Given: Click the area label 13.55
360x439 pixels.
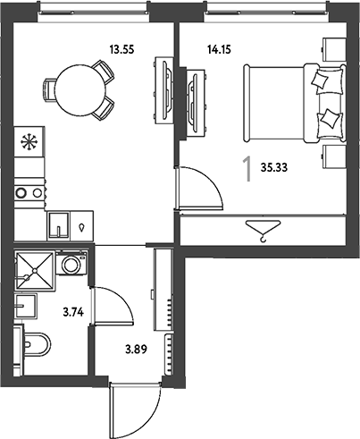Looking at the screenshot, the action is pos(121,49).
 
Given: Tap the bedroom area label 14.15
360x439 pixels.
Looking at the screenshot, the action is pos(219,49).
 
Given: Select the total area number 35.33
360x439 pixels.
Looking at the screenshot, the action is pos(274,168).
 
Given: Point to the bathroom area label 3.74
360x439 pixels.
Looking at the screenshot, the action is pos(73,312).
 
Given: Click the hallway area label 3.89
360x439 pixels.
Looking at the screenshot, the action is pos(136,349).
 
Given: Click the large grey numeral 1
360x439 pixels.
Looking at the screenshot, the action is pos(247,170).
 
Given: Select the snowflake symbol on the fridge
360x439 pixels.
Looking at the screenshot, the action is pos(29,142).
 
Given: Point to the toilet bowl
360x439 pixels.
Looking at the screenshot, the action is pos(37,345).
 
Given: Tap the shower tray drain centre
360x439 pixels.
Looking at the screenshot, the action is pos(35,271).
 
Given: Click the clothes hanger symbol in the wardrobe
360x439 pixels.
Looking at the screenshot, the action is pos(263,231).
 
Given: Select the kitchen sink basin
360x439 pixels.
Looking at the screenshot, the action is pos(59,225).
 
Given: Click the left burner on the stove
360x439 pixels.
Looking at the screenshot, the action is pos(21,193).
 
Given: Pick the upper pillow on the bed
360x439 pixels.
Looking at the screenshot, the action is pos(320,79).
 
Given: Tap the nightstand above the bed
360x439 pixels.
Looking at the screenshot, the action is pos(334,49).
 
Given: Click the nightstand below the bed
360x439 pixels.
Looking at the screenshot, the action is pos(334,157).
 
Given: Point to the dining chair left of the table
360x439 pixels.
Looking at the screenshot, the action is pos(49,90).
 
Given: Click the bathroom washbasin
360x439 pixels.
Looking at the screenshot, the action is pos(26,306).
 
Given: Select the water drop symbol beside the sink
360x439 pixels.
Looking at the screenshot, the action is pos(81,228).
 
